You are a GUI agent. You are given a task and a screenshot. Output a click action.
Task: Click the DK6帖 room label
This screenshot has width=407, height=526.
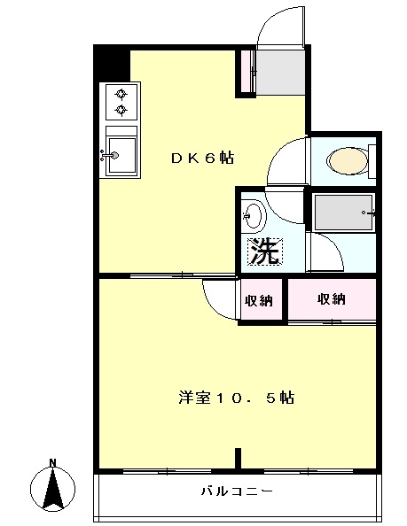point(202,158)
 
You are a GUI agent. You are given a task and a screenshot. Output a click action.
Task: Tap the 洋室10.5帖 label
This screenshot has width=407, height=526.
point(237,398)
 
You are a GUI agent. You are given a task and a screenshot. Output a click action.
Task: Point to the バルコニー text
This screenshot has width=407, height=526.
point(237,491)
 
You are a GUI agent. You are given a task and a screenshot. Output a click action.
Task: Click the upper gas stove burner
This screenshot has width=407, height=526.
point(121,94)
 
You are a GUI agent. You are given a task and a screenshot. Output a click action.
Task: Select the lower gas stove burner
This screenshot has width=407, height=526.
point(121,109)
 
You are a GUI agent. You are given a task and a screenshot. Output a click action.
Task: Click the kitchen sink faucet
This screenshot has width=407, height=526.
point(109,155)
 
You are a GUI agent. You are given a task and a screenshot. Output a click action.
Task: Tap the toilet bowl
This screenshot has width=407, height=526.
point(348,161)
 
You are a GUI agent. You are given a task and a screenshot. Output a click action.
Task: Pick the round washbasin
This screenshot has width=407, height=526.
point(253,216)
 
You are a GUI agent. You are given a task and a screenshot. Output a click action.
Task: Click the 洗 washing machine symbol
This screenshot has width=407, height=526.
point(265,251)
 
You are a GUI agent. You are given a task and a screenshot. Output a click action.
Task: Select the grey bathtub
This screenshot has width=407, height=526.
point(343,213)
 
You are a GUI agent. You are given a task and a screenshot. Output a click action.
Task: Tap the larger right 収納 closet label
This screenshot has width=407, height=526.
point(331,299)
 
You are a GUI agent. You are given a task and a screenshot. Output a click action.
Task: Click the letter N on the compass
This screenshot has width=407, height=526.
point(52,463)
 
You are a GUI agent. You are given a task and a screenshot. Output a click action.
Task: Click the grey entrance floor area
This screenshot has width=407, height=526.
point(281,72)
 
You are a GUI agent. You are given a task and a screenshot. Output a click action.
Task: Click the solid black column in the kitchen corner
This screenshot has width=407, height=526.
point(112,65)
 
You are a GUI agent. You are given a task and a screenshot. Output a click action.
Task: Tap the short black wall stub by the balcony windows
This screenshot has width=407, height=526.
point(238,458)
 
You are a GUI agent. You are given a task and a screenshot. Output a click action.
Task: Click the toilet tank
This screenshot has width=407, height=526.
point(372,161)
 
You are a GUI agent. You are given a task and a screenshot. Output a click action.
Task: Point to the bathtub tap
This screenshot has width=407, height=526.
point(368,213)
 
